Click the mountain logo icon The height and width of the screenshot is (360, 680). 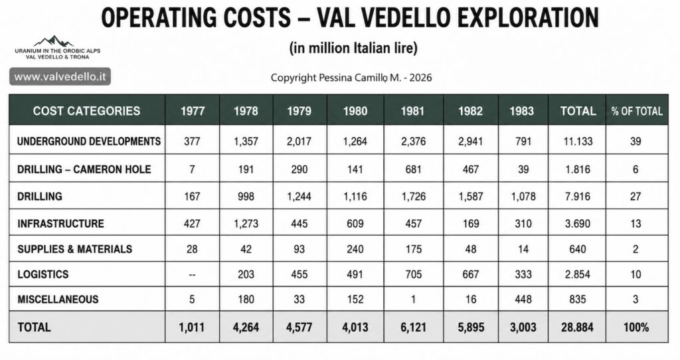53,41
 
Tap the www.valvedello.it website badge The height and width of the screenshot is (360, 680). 60,77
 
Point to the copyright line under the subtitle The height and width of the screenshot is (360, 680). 351,78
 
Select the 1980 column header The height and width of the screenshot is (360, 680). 355,111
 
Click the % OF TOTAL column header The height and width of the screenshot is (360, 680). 637,111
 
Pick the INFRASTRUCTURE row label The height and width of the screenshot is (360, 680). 60,223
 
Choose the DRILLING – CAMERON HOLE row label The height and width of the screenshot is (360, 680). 84,169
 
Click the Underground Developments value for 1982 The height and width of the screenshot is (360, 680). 471,141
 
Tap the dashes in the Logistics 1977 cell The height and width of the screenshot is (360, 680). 192,274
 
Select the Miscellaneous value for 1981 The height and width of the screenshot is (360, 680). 413,300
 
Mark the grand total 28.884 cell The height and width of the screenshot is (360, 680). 577,327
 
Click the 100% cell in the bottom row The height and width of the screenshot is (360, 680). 636,327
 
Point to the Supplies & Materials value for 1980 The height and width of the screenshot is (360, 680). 355,249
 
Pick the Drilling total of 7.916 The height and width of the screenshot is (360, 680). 577,197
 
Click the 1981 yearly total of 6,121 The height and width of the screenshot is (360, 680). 413,327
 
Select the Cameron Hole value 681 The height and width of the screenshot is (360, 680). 413,169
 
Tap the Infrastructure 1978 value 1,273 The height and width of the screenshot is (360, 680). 246,223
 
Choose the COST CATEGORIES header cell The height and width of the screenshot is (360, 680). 87,111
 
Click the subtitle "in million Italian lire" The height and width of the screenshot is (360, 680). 353,47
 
